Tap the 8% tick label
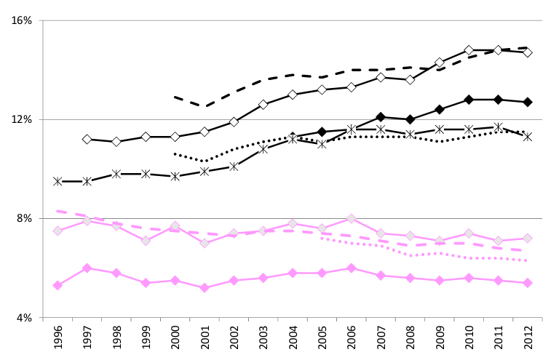tap(25, 218)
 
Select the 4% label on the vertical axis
tap(25, 318)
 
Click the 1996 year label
tap(58, 339)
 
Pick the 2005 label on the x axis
tap(322, 339)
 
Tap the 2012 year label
tap(528, 339)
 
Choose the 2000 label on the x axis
tap(175, 339)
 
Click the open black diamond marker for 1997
tap(87, 139)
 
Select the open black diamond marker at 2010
tap(469, 50)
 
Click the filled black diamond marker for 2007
tap(381, 116)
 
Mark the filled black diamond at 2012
tap(528, 102)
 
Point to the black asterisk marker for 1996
tap(58, 181)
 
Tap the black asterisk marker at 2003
tap(263, 148)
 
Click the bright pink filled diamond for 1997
tap(87, 268)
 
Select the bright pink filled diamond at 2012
tap(528, 283)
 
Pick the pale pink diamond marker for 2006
tap(352, 218)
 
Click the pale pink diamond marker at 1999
tap(146, 241)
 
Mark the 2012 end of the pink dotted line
tap(528, 260)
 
